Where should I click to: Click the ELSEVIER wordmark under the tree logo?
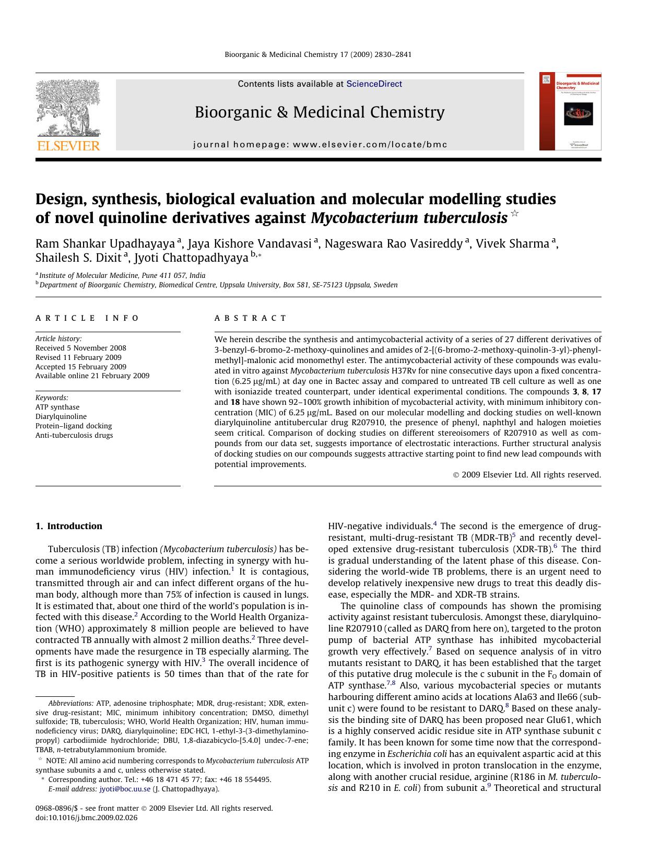[68, 146]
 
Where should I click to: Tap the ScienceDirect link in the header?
[374, 84]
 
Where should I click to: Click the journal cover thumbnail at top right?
[570, 111]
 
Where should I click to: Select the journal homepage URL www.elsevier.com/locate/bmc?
[370, 145]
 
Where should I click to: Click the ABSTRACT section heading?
[250, 318]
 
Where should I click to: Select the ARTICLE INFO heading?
[87, 318]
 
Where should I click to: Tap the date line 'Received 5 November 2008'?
[81, 348]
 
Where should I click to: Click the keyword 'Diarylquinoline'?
[61, 416]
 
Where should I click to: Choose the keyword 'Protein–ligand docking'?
[74, 426]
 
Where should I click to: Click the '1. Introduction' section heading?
[69, 526]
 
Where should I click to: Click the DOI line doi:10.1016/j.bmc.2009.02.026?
[86, 818]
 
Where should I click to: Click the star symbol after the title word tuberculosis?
[515, 213]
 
